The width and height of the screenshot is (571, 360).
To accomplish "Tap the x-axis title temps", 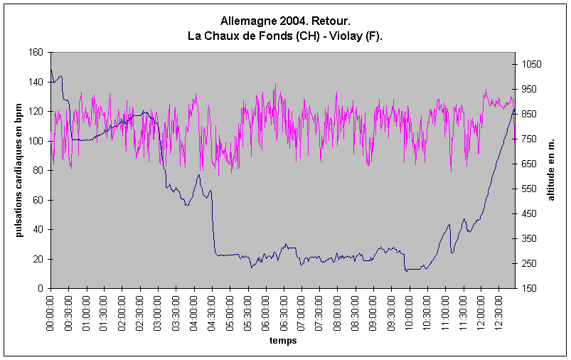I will pos(282,341).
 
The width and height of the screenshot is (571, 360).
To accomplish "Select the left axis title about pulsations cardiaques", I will pos(20,171).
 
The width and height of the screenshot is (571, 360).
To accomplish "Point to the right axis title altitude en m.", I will pos(550,171).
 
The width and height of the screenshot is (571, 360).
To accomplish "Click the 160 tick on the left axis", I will pos(35,53).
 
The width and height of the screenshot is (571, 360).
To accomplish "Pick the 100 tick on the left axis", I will pos(35,141).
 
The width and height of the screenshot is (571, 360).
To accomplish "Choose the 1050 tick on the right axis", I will pos(531,65).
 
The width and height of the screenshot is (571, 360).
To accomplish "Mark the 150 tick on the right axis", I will pos(529,288).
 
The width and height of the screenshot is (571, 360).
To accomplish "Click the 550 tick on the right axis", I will pos(529,189).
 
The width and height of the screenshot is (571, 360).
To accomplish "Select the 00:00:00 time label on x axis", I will pos(51,309).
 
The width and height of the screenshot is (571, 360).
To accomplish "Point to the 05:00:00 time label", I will pos(230,309).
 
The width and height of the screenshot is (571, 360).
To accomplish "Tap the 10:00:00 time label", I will pos(409,309).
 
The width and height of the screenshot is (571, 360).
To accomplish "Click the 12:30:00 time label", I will pos(498,309).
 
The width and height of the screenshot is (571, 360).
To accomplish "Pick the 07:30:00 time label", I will pos(319,309).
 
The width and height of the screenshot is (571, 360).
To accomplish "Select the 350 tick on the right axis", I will pos(529,238).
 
